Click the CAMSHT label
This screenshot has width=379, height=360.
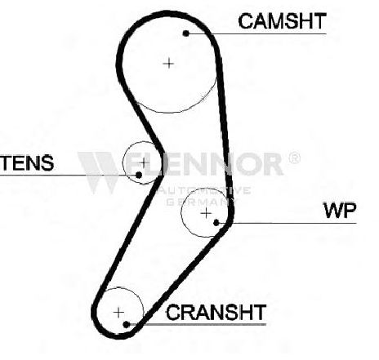282,21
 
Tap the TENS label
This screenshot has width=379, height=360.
27,162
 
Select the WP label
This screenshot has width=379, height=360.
340,211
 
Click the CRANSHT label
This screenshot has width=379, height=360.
216,312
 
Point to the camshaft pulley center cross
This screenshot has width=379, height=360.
168,64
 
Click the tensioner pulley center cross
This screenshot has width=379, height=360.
144,162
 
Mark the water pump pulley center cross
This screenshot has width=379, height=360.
206,213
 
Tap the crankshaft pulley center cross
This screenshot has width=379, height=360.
118,313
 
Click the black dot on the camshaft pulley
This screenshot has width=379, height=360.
186,33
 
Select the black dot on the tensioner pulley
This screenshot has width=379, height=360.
139,175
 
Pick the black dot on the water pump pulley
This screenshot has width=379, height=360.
216,223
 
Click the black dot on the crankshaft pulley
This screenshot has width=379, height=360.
126,324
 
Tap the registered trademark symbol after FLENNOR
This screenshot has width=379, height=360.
294,158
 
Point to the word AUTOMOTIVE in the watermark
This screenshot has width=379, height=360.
205,190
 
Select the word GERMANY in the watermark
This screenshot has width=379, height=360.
202,202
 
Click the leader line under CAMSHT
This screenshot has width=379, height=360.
256,33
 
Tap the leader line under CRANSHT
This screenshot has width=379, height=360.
196,324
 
